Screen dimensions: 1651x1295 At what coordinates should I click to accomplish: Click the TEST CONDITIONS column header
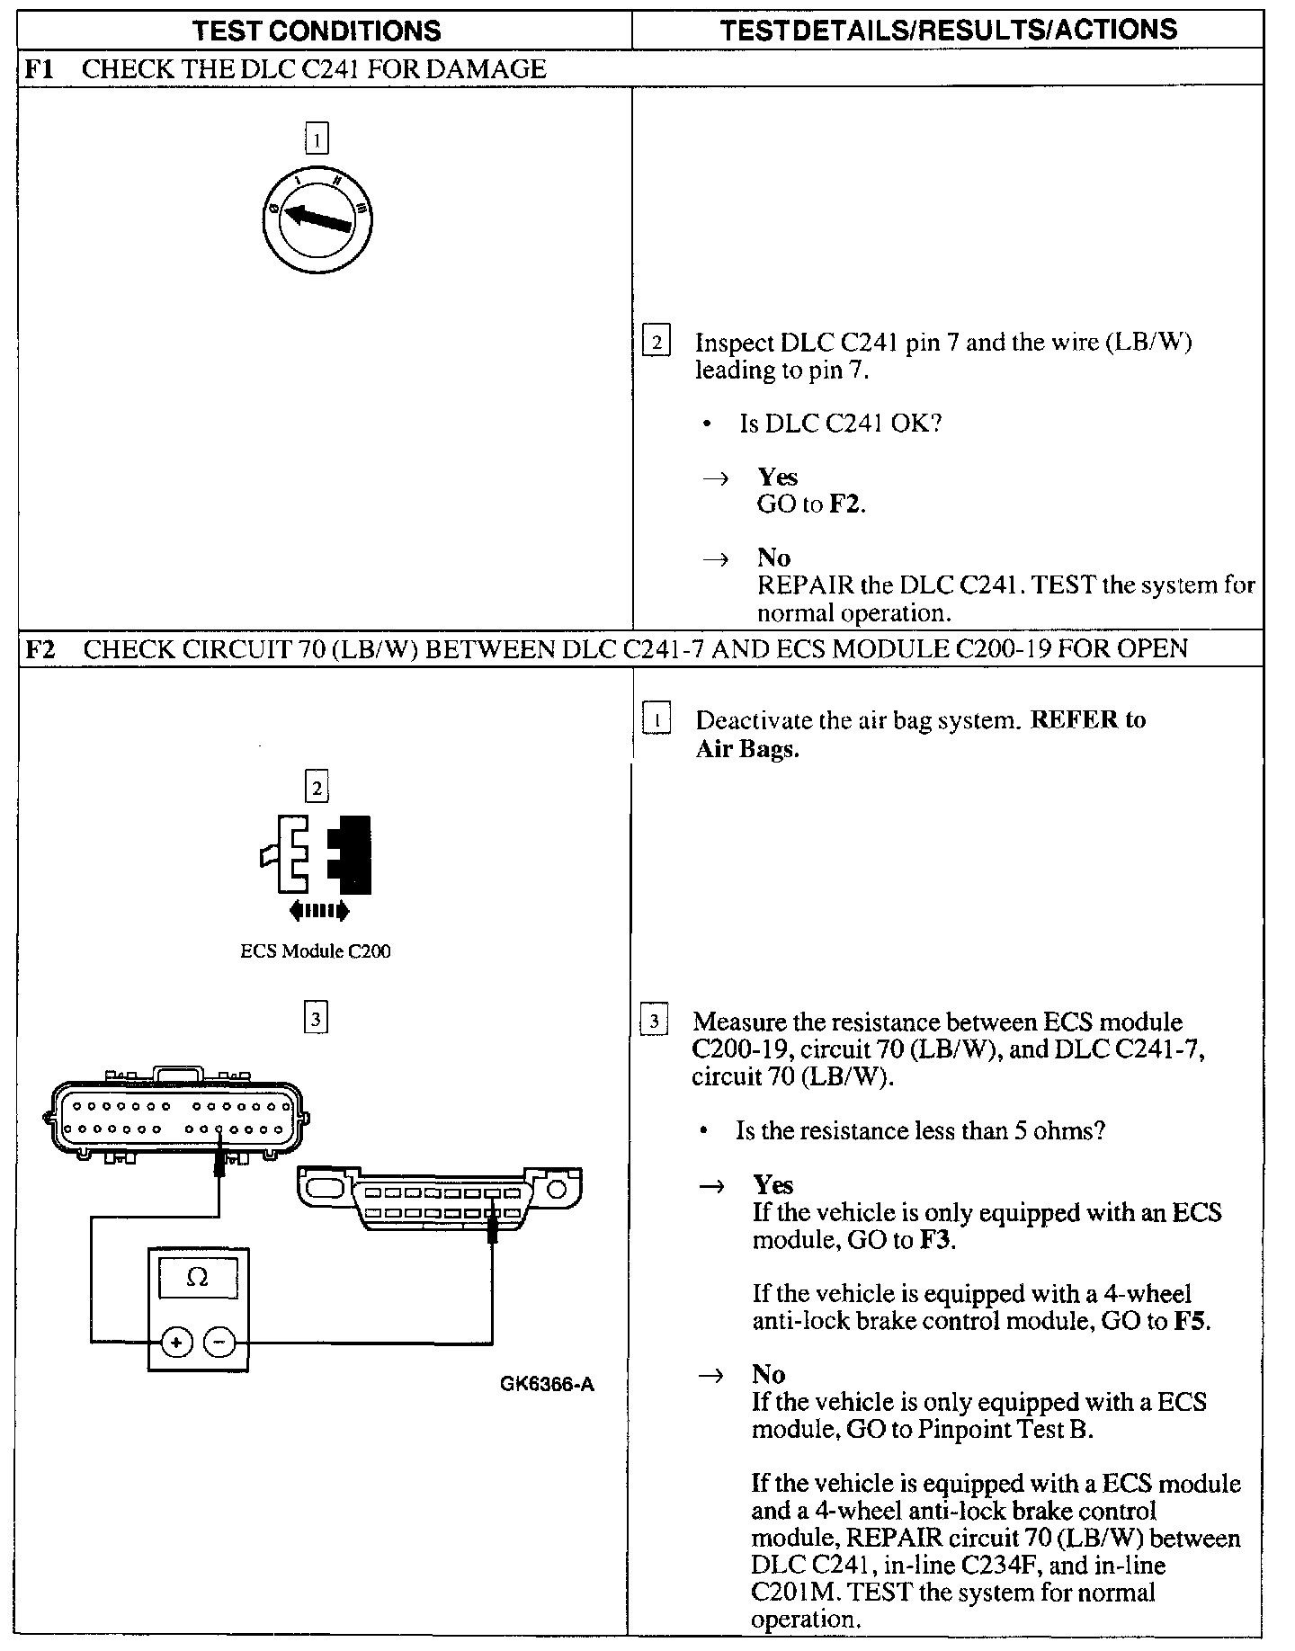pos(317,31)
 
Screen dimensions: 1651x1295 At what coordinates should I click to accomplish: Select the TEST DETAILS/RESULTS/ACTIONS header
pos(949,30)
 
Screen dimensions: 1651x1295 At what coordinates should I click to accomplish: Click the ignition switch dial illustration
pos(317,219)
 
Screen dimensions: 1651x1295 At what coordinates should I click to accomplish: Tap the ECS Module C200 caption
pos(316,951)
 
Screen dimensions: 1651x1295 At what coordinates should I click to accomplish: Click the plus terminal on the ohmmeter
pos(175,1343)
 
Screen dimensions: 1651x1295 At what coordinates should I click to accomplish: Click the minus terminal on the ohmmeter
pos(219,1343)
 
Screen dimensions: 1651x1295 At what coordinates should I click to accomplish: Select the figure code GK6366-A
pos(547,1384)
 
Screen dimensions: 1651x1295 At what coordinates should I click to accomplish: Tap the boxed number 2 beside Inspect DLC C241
pos(656,343)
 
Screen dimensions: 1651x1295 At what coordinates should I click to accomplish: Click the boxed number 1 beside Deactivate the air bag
pos(656,720)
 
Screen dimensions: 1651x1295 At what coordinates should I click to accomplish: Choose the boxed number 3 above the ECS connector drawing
pos(316,1019)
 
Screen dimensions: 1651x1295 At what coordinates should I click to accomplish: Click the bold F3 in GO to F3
pos(937,1240)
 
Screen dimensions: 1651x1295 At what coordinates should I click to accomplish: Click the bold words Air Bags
pos(747,749)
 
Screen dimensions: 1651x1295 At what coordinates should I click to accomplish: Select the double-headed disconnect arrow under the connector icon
pos(319,912)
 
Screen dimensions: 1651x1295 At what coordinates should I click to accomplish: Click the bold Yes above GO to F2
pos(777,477)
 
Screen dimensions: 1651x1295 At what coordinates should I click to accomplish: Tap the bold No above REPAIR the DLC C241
pos(773,558)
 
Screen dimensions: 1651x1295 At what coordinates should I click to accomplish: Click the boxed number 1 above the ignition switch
pos(317,139)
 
